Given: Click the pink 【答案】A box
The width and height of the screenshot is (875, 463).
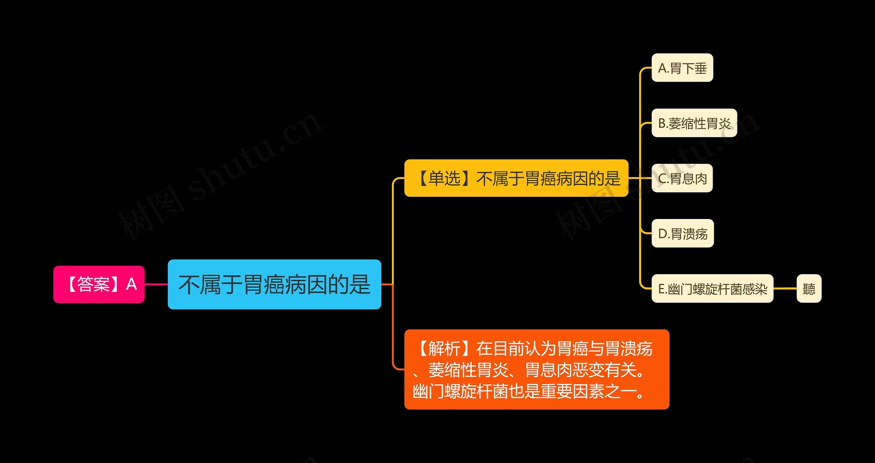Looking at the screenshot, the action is pyautogui.click(x=99, y=284).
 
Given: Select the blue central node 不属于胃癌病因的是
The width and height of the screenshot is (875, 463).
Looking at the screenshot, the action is pyautogui.click(x=274, y=284).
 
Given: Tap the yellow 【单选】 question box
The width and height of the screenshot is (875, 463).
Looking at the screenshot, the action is pyautogui.click(x=516, y=178).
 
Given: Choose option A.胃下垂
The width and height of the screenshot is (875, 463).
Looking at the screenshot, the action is pyautogui.click(x=682, y=68).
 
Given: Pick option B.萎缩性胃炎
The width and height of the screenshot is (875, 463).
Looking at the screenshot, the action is pyautogui.click(x=694, y=123).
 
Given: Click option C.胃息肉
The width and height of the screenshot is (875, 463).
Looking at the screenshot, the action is pyautogui.click(x=682, y=178).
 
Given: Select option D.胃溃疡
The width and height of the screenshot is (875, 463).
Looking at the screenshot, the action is pyautogui.click(x=683, y=233).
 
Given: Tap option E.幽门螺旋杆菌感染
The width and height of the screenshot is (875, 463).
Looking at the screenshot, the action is pyautogui.click(x=712, y=289).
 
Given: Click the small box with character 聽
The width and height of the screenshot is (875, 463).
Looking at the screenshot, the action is pyautogui.click(x=809, y=289).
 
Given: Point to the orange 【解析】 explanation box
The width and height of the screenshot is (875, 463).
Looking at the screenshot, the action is pyautogui.click(x=537, y=370).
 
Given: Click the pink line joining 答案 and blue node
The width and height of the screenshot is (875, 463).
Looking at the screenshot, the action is pyautogui.click(x=156, y=284).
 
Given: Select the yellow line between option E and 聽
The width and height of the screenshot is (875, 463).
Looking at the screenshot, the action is pyautogui.click(x=785, y=289).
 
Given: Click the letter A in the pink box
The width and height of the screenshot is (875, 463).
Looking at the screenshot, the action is pyautogui.click(x=132, y=284).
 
